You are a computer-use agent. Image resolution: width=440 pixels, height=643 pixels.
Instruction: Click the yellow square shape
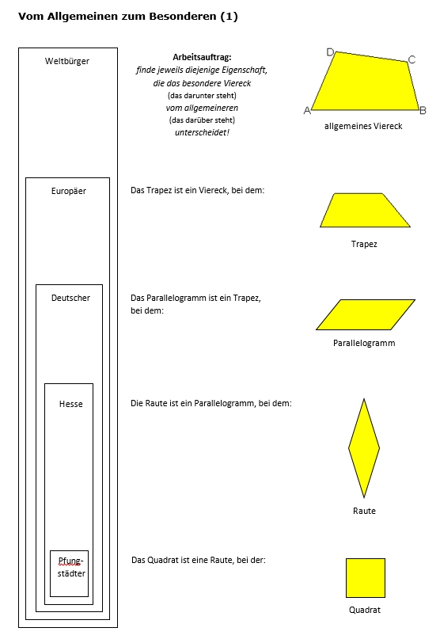[x=366, y=578]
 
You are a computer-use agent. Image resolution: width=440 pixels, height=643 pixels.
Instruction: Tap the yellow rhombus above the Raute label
[x=364, y=448]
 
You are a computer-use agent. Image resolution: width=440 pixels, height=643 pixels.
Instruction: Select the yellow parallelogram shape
[x=366, y=314]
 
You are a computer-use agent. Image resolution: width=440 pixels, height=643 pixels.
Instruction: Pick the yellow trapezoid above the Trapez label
[x=365, y=210]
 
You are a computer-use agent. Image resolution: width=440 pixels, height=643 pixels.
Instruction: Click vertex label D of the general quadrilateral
[x=330, y=52]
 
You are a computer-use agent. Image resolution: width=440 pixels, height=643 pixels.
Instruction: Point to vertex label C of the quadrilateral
[x=412, y=59]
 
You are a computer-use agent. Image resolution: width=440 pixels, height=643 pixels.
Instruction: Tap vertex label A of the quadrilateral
[x=307, y=110]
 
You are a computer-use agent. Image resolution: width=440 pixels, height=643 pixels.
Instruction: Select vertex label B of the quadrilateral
[x=423, y=110]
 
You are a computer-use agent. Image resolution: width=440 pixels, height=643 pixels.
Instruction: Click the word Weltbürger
[x=67, y=61]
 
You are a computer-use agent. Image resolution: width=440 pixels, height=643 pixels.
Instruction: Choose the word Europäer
[x=69, y=191]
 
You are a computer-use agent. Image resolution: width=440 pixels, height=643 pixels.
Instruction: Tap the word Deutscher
[x=70, y=298]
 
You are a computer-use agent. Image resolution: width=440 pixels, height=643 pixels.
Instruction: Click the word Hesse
[x=71, y=404]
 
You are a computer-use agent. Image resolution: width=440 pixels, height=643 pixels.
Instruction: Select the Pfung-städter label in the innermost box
[x=71, y=567]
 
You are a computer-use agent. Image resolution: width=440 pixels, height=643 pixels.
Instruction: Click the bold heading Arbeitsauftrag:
[x=202, y=57]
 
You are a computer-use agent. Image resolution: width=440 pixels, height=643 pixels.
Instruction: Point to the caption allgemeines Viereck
[x=363, y=127]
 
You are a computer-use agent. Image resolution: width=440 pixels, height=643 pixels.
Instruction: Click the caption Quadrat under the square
[x=365, y=610]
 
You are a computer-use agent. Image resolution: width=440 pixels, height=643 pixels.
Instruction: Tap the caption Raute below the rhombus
[x=364, y=511]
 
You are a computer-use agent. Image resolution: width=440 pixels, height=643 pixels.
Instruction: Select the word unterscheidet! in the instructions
[x=202, y=132]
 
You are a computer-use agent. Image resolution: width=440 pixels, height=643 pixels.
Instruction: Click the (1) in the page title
[x=229, y=17]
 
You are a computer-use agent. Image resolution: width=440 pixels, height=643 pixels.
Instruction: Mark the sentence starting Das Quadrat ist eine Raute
[x=199, y=560]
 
